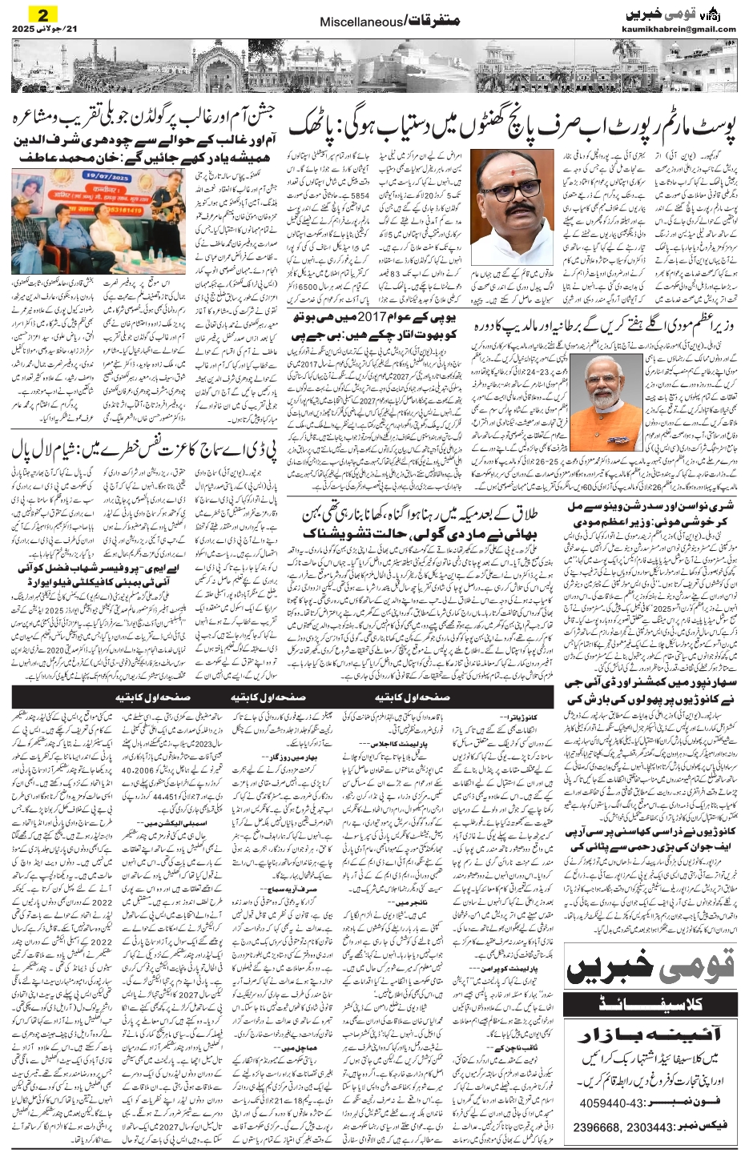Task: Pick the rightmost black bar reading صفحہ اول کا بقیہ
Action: [413, 697]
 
